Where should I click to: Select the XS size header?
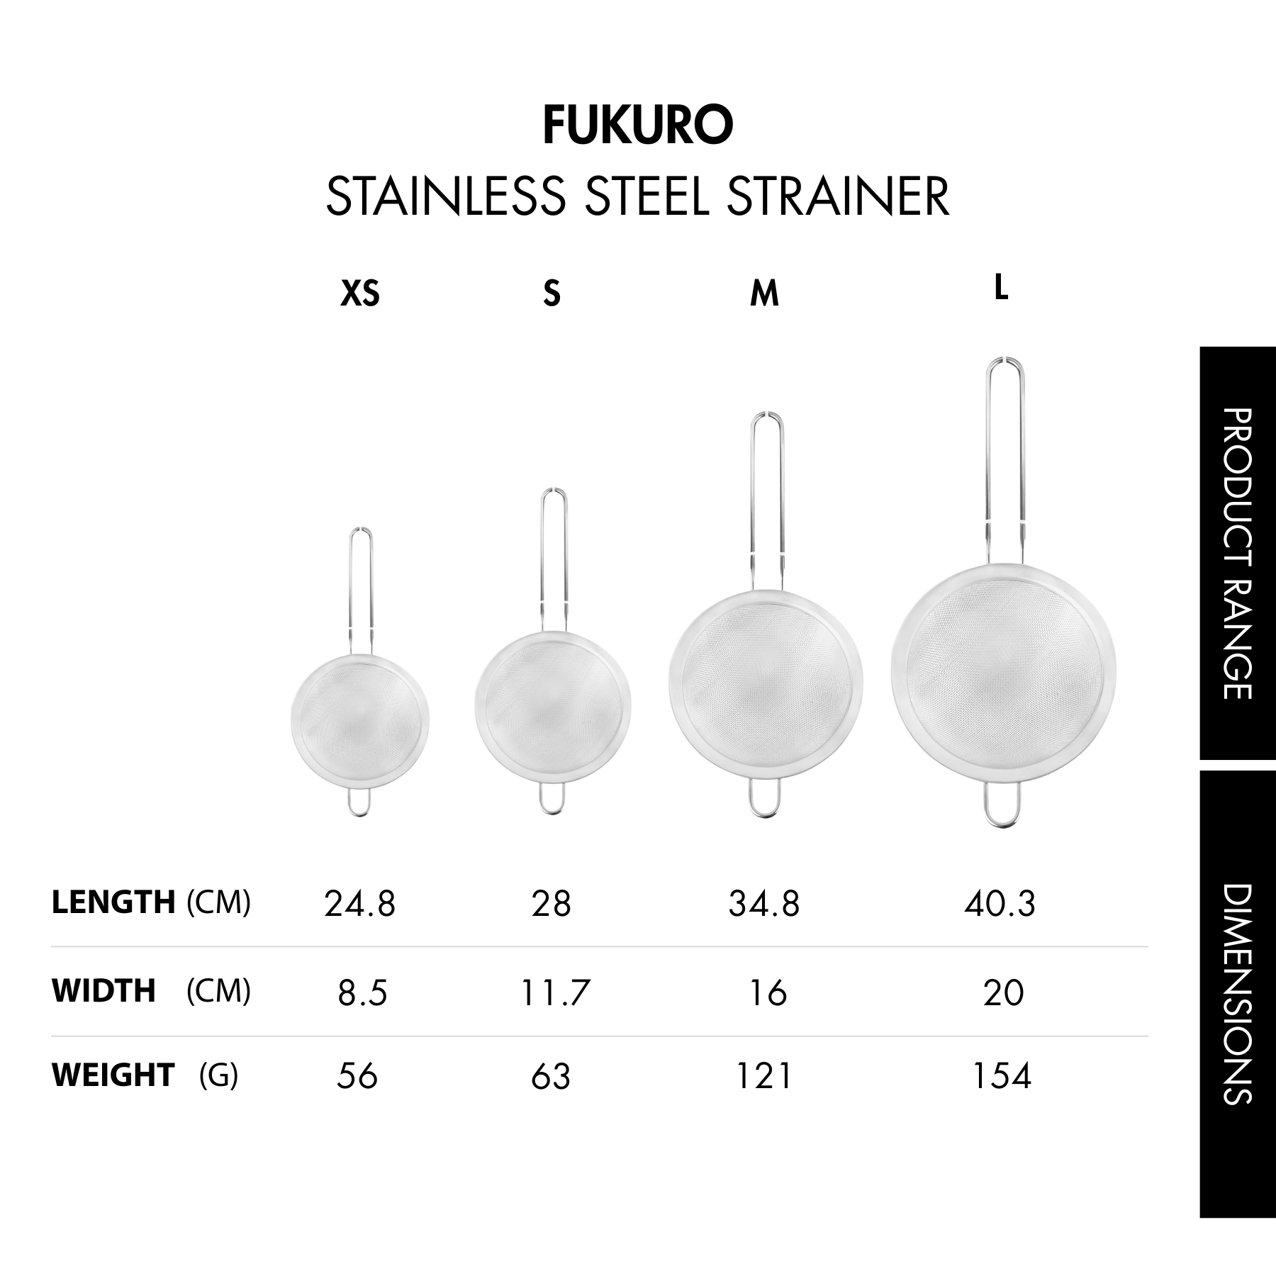point(360,293)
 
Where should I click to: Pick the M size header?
point(764,293)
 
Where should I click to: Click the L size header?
point(1001,287)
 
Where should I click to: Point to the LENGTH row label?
point(113,902)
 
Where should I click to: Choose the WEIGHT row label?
point(113,1075)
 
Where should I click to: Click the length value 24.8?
point(359,904)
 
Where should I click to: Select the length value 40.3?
point(1000,904)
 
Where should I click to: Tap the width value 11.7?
point(552,993)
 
